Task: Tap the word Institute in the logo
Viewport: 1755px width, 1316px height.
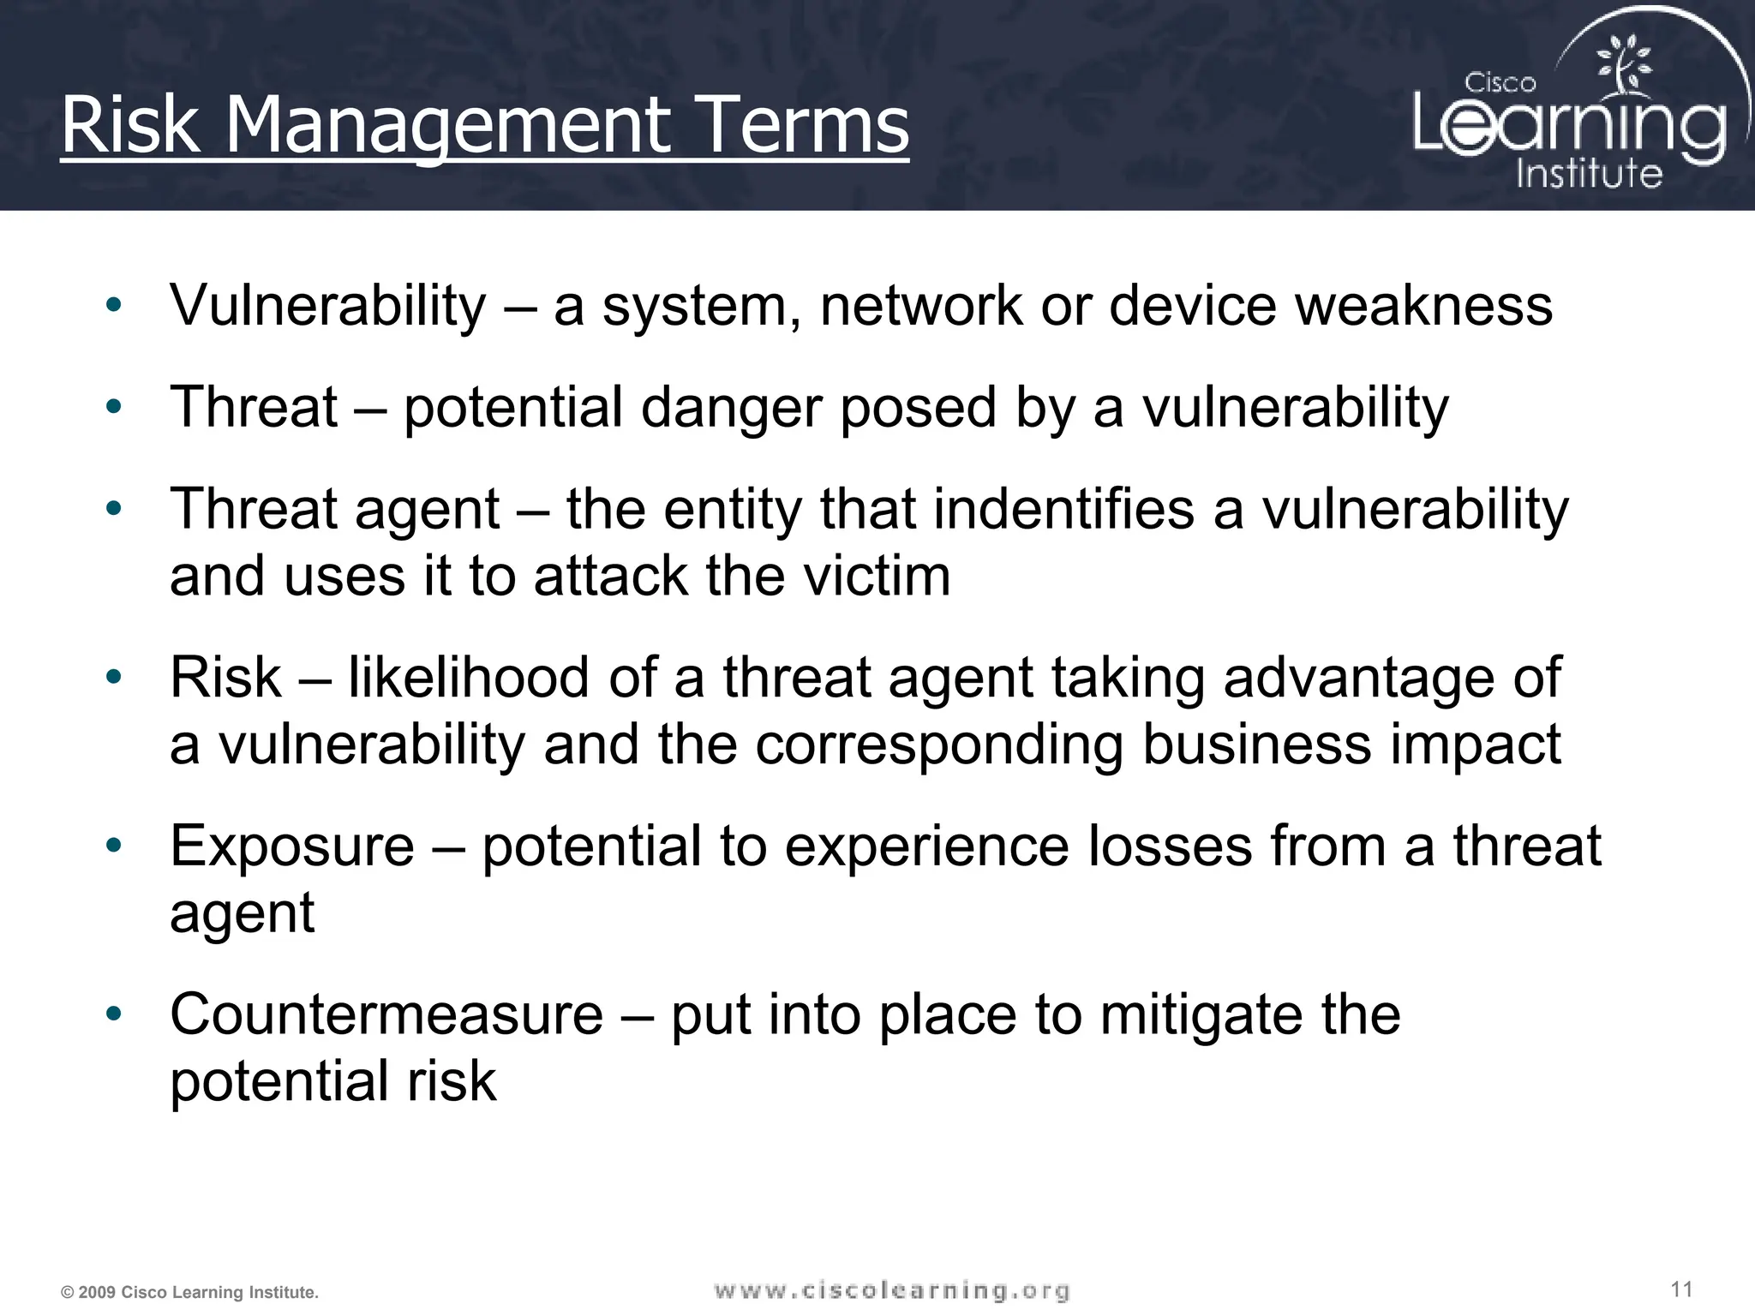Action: pos(1589,173)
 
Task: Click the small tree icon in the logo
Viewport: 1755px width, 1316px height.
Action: pos(1623,64)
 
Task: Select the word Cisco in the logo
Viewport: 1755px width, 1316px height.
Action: pos(1500,83)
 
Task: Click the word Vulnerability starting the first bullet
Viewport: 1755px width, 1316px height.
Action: pos(328,306)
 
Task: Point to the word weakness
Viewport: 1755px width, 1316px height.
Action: pos(1423,306)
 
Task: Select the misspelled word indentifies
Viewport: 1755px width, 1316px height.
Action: pos(1063,509)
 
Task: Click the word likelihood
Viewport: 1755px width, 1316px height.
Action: pos(469,678)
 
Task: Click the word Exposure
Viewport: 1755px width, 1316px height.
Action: pos(292,846)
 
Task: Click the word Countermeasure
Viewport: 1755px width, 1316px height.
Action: pos(386,1015)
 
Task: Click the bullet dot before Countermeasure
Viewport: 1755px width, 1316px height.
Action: pos(114,1014)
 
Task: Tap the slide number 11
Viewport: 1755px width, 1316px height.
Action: pos(1681,1289)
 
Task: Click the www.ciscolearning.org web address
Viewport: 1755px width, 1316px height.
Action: pos(891,1290)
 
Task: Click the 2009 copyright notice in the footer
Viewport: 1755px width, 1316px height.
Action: pos(189,1292)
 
